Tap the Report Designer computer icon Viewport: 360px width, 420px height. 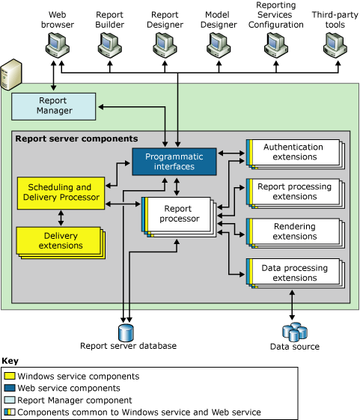165,47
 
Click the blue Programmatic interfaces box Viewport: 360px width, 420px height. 174,161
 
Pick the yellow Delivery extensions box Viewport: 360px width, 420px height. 61,240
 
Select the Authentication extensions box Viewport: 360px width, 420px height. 293,152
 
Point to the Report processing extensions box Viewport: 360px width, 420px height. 293,192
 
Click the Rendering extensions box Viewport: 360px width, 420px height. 293,231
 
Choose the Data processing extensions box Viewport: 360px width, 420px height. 293,272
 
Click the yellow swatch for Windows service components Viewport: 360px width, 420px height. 10,377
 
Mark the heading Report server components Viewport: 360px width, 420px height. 76,139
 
